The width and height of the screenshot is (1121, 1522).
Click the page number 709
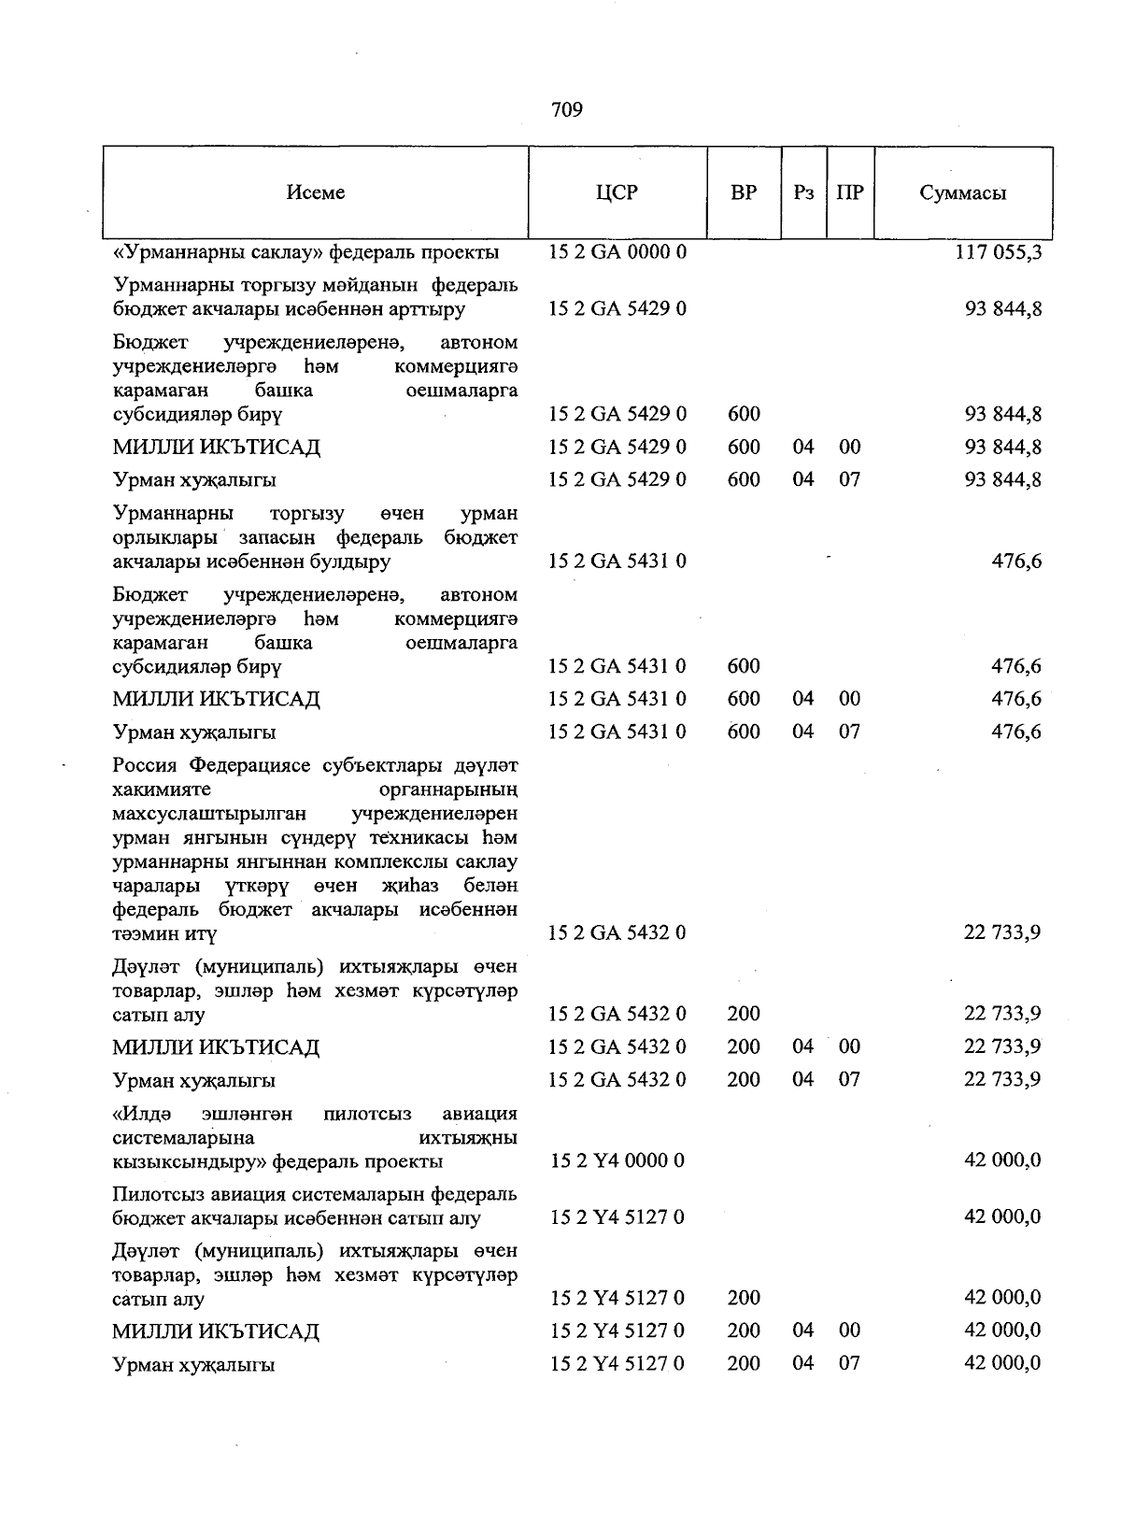click(567, 110)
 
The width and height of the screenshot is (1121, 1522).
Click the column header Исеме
click(316, 192)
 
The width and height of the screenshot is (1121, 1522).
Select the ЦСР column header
click(617, 192)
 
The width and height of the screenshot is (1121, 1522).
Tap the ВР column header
click(744, 192)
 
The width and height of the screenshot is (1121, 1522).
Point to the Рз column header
click(803, 192)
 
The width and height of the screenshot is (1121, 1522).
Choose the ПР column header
click(849, 192)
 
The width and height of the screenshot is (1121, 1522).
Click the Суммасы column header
click(962, 193)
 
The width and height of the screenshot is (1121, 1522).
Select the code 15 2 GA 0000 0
click(617, 252)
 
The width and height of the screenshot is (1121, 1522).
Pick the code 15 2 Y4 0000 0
click(617, 1160)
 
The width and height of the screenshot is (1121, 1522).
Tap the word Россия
click(147, 766)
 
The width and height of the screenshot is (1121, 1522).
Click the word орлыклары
click(164, 538)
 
